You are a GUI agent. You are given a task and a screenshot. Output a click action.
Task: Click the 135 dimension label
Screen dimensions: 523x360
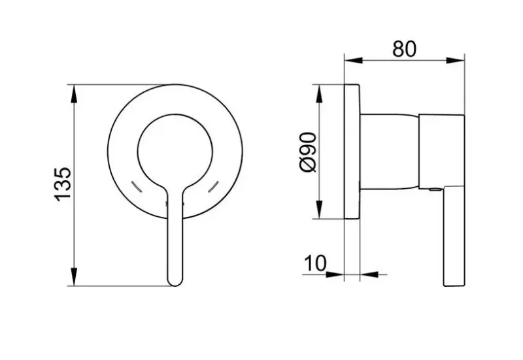coord(63,184)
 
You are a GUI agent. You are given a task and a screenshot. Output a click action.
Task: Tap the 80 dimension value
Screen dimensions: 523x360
coord(404,49)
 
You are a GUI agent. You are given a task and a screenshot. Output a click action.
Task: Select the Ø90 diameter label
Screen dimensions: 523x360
coord(308,152)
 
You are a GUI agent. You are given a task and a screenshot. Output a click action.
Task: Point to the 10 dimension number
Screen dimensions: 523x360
coord(315,263)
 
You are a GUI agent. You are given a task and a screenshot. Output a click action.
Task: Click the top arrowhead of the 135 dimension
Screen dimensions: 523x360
coord(74,93)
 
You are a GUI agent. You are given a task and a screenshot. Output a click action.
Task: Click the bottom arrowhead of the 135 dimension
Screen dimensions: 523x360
coord(74,276)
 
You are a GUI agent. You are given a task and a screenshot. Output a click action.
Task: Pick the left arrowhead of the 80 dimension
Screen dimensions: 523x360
coord(353,60)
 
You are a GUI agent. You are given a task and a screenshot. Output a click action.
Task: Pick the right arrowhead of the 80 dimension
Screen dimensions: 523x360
coord(455,60)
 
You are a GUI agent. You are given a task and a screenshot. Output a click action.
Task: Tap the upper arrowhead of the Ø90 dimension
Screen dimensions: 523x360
coord(319,94)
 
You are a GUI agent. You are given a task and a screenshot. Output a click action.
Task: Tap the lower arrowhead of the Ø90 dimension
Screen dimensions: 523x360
coord(319,209)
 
